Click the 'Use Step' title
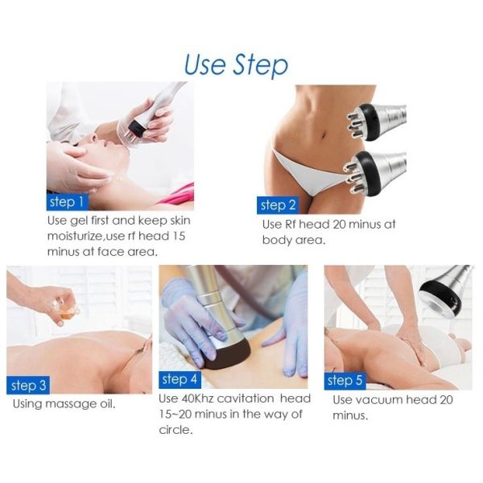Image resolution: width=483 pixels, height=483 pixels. point(235,64)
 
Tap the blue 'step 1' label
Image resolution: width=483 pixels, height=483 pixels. point(67,200)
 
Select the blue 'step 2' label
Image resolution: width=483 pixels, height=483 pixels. point(278,205)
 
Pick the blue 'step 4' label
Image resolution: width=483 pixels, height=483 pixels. point(180,379)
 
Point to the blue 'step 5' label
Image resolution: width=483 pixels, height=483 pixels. point(345,380)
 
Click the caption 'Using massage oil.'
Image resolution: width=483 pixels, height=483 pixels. point(64,403)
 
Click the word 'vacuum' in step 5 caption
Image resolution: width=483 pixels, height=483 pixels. point(382,400)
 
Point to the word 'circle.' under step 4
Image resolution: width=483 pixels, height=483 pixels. point(176,429)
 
